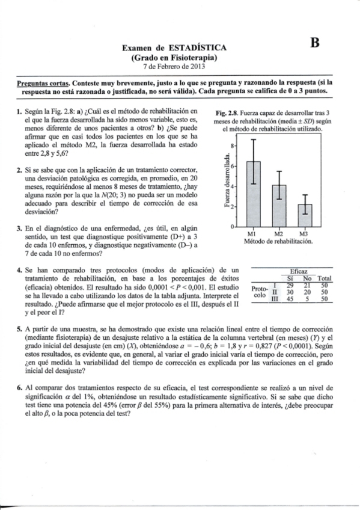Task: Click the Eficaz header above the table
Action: point(298,272)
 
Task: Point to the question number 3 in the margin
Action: point(19,229)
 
